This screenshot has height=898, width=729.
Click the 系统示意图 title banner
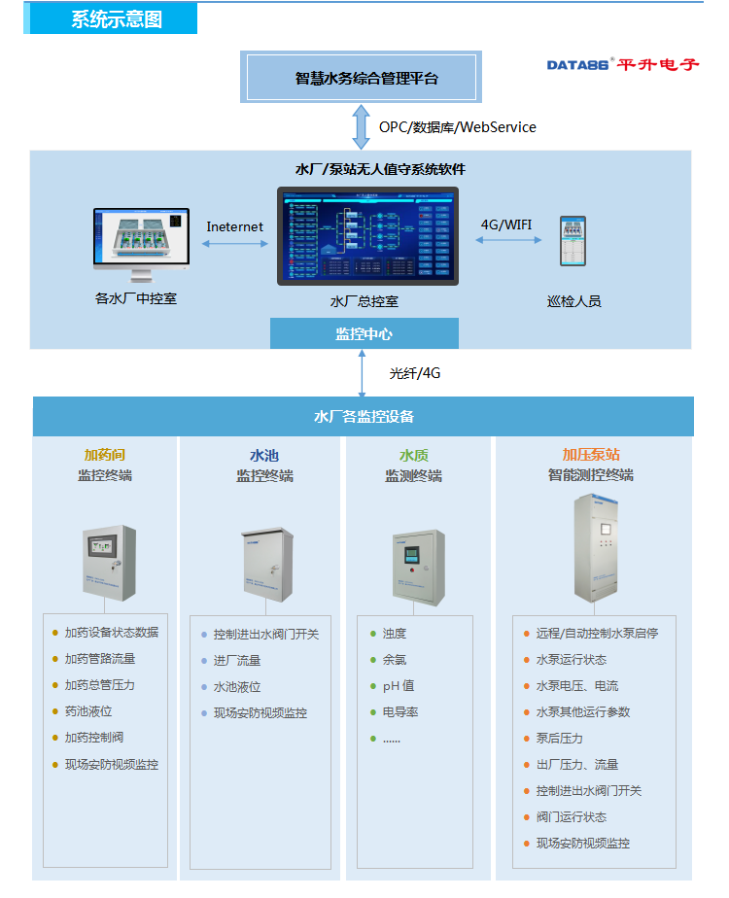(x=116, y=19)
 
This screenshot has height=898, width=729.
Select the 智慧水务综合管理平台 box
(x=361, y=78)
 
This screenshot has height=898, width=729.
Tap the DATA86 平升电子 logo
(x=622, y=64)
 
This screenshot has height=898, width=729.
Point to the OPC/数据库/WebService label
(x=457, y=127)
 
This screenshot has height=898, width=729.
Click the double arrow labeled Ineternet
(x=234, y=243)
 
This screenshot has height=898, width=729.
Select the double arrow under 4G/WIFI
(x=507, y=239)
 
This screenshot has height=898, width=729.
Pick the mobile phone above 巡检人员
(x=573, y=241)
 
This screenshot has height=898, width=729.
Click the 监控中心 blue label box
(x=364, y=333)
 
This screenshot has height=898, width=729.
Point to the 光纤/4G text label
(x=415, y=372)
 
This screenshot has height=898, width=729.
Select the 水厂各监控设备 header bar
(x=364, y=416)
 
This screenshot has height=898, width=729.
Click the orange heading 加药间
(x=105, y=454)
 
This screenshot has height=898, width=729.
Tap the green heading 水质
(x=413, y=454)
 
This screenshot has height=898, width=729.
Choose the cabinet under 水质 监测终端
(x=418, y=567)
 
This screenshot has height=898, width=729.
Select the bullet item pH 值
(x=399, y=685)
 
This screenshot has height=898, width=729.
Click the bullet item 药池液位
(x=88, y=711)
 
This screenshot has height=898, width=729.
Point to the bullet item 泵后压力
(x=560, y=739)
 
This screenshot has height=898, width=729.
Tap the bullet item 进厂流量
(x=237, y=660)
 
